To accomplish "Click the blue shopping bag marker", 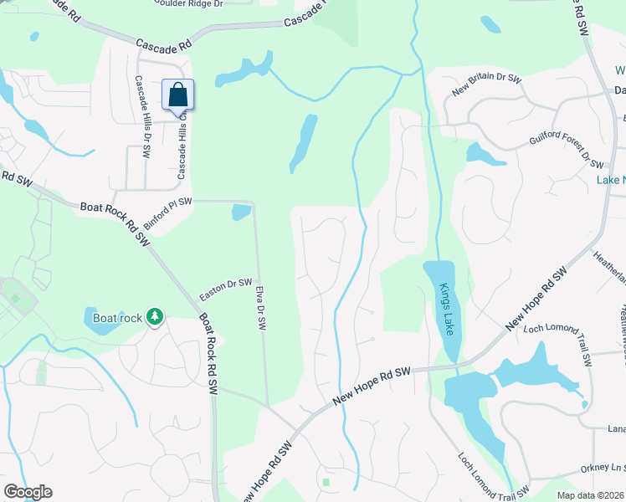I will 177,94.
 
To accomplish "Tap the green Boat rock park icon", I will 154,317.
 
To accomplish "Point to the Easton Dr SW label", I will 226,290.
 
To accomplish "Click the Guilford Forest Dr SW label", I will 567,148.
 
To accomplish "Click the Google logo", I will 28,492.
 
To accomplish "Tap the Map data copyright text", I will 591,495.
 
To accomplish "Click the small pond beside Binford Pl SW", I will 241,212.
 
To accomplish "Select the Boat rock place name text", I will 117,318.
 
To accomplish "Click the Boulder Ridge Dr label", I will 189,3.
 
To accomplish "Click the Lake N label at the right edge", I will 611,180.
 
